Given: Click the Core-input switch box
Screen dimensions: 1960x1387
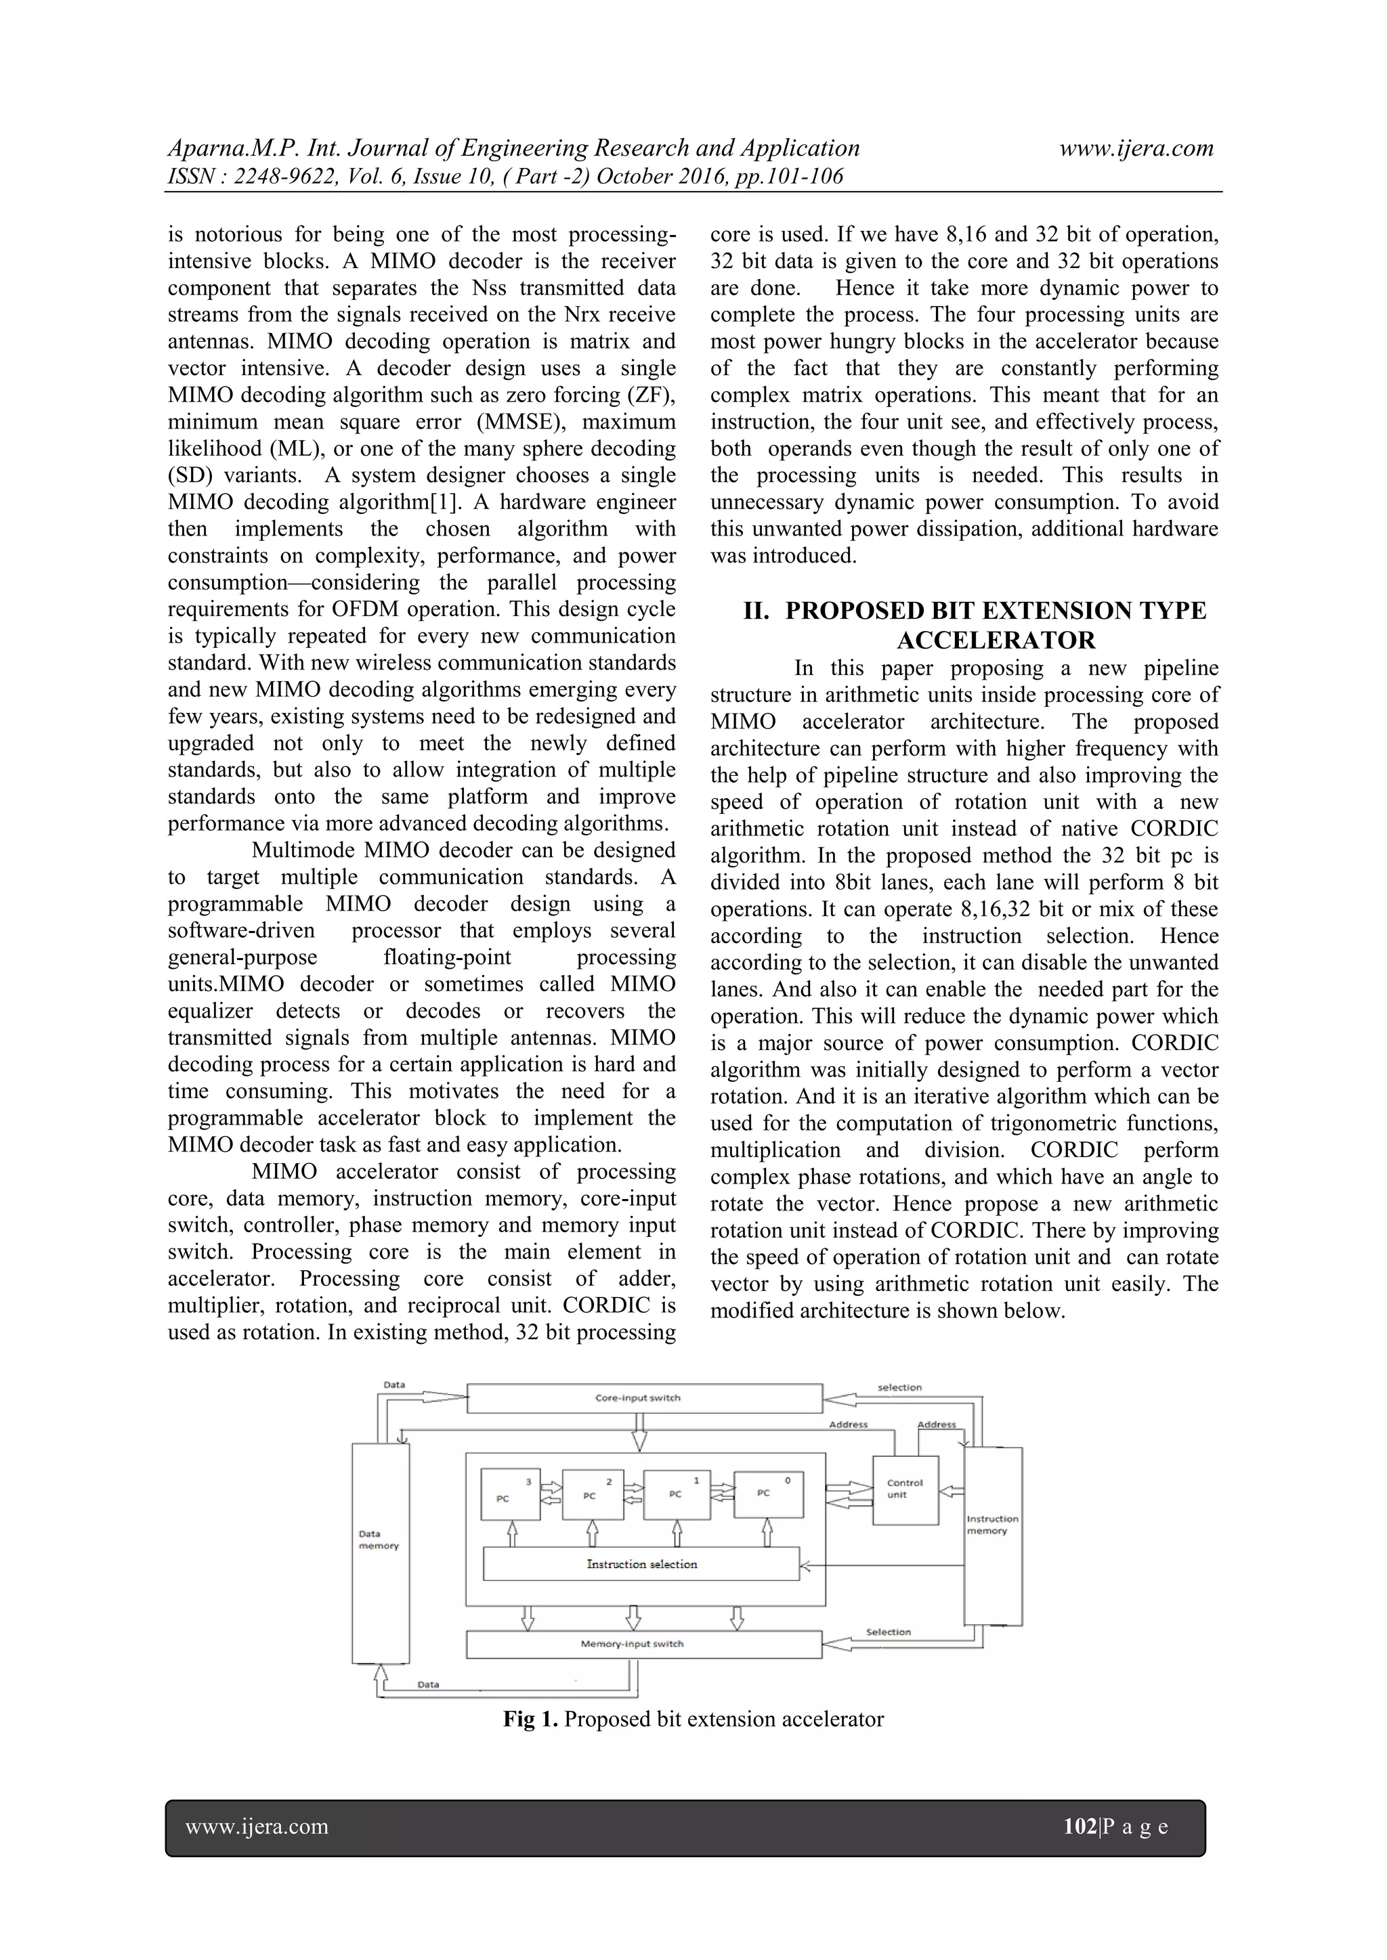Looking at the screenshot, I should pyautogui.click(x=645, y=1398).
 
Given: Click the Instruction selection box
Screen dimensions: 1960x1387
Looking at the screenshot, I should pyautogui.click(x=641, y=1564).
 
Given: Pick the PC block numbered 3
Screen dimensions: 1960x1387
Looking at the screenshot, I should pyautogui.click(x=511, y=1494).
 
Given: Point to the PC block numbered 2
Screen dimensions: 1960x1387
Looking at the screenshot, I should pyautogui.click(x=593, y=1494).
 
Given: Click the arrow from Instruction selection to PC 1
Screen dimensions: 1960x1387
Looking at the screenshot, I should pyautogui.click(x=678, y=1533).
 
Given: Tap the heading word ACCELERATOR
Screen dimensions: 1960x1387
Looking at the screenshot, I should pyautogui.click(x=996, y=640).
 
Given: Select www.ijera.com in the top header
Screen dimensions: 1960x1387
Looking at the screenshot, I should pyautogui.click(x=1136, y=148).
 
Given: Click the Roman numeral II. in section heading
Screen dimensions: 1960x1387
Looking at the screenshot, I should pyautogui.click(x=758, y=611).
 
